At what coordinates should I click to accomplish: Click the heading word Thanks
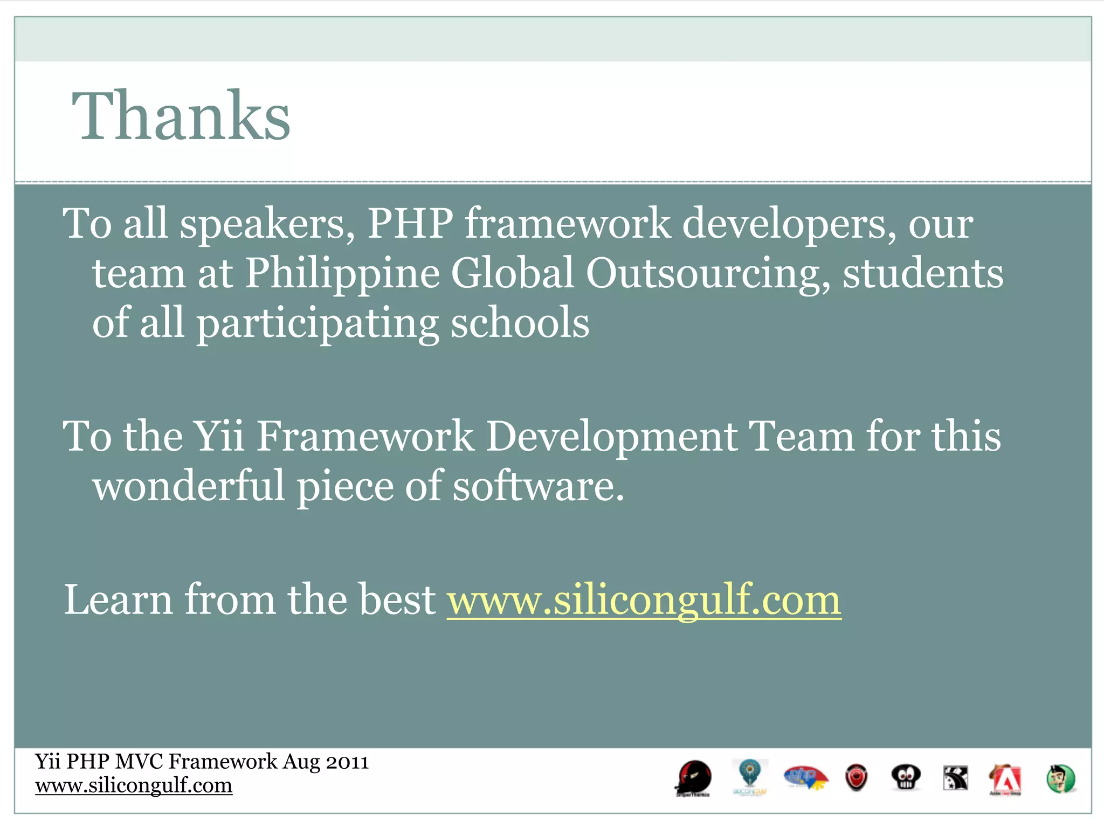181,116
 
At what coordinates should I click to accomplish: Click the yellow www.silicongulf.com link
644,599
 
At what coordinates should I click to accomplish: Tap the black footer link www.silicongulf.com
134,785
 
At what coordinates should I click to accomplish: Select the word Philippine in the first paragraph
342,273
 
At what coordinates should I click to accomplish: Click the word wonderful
189,485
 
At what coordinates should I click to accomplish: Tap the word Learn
118,599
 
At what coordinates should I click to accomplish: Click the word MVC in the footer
139,762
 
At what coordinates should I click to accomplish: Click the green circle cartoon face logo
1060,779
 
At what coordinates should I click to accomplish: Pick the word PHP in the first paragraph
410,223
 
